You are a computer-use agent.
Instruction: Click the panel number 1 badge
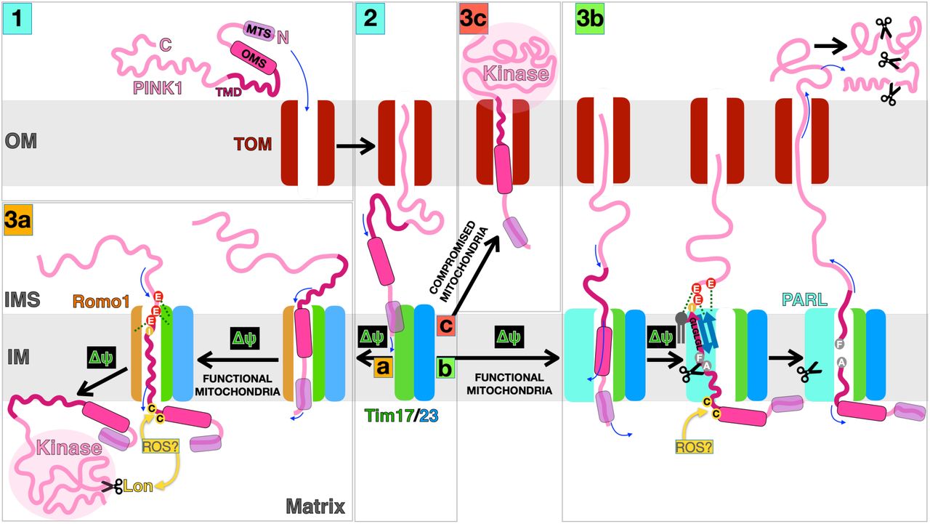(16, 17)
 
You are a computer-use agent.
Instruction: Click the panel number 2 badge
(371, 17)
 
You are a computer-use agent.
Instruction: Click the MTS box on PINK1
(258, 31)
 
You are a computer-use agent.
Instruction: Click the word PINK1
(155, 88)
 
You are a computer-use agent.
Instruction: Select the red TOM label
(254, 145)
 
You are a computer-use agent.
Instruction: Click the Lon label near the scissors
(138, 486)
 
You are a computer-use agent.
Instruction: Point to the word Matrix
(315, 505)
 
